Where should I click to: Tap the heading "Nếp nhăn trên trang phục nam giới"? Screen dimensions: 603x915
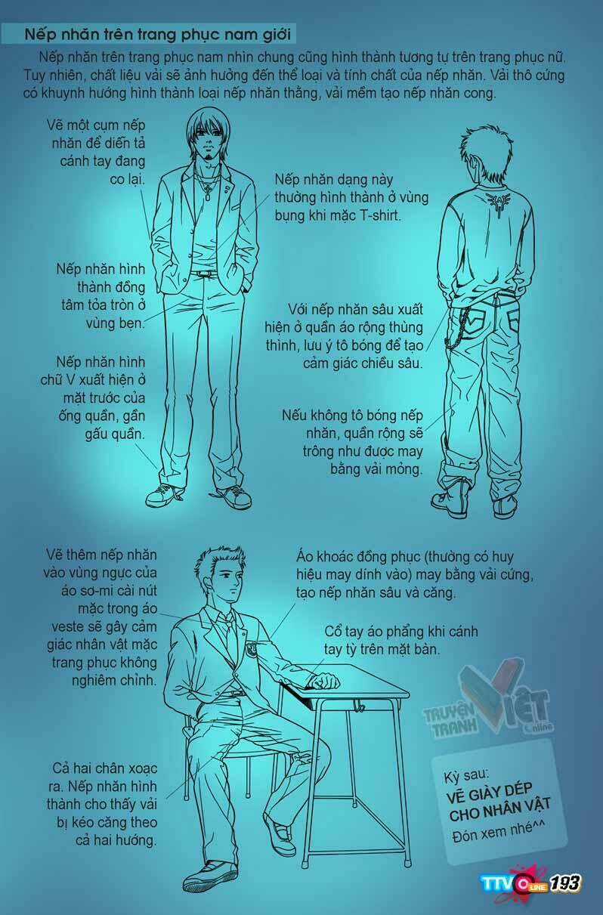(x=158, y=34)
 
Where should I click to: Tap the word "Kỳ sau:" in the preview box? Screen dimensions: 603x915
(x=466, y=775)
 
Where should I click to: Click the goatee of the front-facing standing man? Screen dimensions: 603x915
(x=209, y=157)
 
